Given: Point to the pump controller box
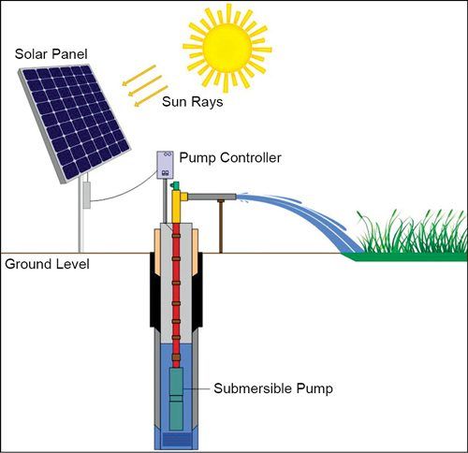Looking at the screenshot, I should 165,165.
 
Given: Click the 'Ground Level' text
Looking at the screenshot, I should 47,264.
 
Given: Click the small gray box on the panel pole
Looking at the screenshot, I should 86,194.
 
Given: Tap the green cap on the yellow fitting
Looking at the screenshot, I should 175,187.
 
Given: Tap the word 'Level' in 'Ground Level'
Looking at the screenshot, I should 70,264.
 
